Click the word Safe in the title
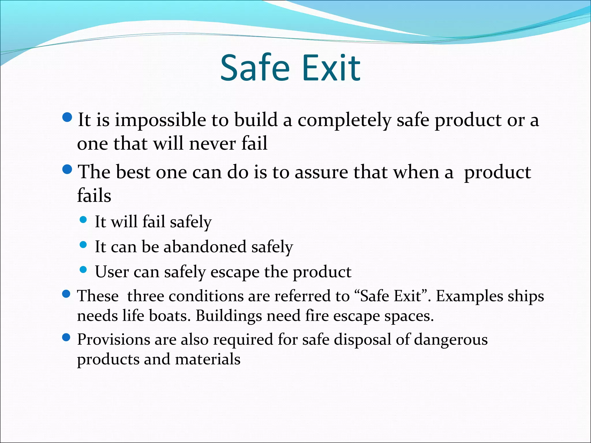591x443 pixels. coord(255,68)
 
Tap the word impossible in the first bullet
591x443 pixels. coord(160,120)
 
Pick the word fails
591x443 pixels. coord(94,196)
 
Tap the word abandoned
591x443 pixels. coord(205,247)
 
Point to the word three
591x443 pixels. coord(145,296)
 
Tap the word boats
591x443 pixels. coord(170,316)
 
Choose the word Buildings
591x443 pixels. coord(229,316)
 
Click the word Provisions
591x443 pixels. coord(113,339)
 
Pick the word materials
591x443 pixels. coord(207,359)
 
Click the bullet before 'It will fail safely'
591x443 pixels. coord(83,220)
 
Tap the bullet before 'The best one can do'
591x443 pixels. coord(67,169)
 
